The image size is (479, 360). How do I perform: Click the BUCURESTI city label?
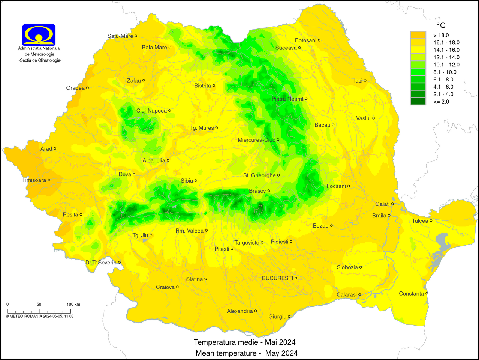277,278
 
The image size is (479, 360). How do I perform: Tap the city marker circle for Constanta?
427,294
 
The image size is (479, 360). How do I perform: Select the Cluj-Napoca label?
151,111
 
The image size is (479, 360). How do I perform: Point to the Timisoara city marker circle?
49,180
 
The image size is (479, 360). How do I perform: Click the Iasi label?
358,81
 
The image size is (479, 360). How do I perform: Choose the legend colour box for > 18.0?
418,35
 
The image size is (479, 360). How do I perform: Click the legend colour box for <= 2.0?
418,101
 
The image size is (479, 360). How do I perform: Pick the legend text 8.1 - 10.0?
445,72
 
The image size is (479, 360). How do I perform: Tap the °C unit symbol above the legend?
441,25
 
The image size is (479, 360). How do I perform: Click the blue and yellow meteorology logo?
39,35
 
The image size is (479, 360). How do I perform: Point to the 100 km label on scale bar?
73,304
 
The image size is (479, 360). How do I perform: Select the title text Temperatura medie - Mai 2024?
244,342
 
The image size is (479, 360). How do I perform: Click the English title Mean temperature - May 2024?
246,353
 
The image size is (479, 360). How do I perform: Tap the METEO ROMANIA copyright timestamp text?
39,316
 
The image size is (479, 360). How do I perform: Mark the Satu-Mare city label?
120,36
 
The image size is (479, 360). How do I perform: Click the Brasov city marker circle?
269,191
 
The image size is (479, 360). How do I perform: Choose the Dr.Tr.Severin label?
101,262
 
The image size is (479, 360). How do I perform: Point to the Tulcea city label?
420,221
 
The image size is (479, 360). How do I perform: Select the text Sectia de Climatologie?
40,60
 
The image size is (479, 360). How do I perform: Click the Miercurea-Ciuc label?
256,140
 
